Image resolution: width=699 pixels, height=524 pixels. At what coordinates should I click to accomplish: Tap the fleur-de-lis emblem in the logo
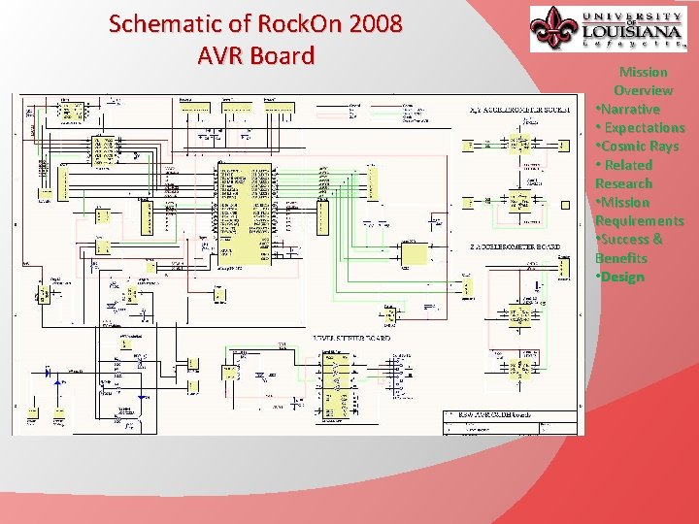554,28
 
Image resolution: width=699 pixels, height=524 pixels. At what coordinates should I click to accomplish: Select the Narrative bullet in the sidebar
630,109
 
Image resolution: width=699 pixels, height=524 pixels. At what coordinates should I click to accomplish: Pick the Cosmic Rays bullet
639,146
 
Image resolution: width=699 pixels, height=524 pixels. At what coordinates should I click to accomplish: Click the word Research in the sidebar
623,183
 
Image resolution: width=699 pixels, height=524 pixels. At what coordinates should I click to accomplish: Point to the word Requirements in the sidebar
639,220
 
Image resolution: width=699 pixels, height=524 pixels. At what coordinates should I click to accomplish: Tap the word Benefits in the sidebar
621,258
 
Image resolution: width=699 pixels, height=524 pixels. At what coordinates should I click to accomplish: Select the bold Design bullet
622,277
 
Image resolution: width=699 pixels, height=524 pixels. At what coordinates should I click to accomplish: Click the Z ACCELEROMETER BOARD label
514,247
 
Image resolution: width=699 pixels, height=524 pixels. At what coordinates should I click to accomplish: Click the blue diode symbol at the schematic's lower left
50,372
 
